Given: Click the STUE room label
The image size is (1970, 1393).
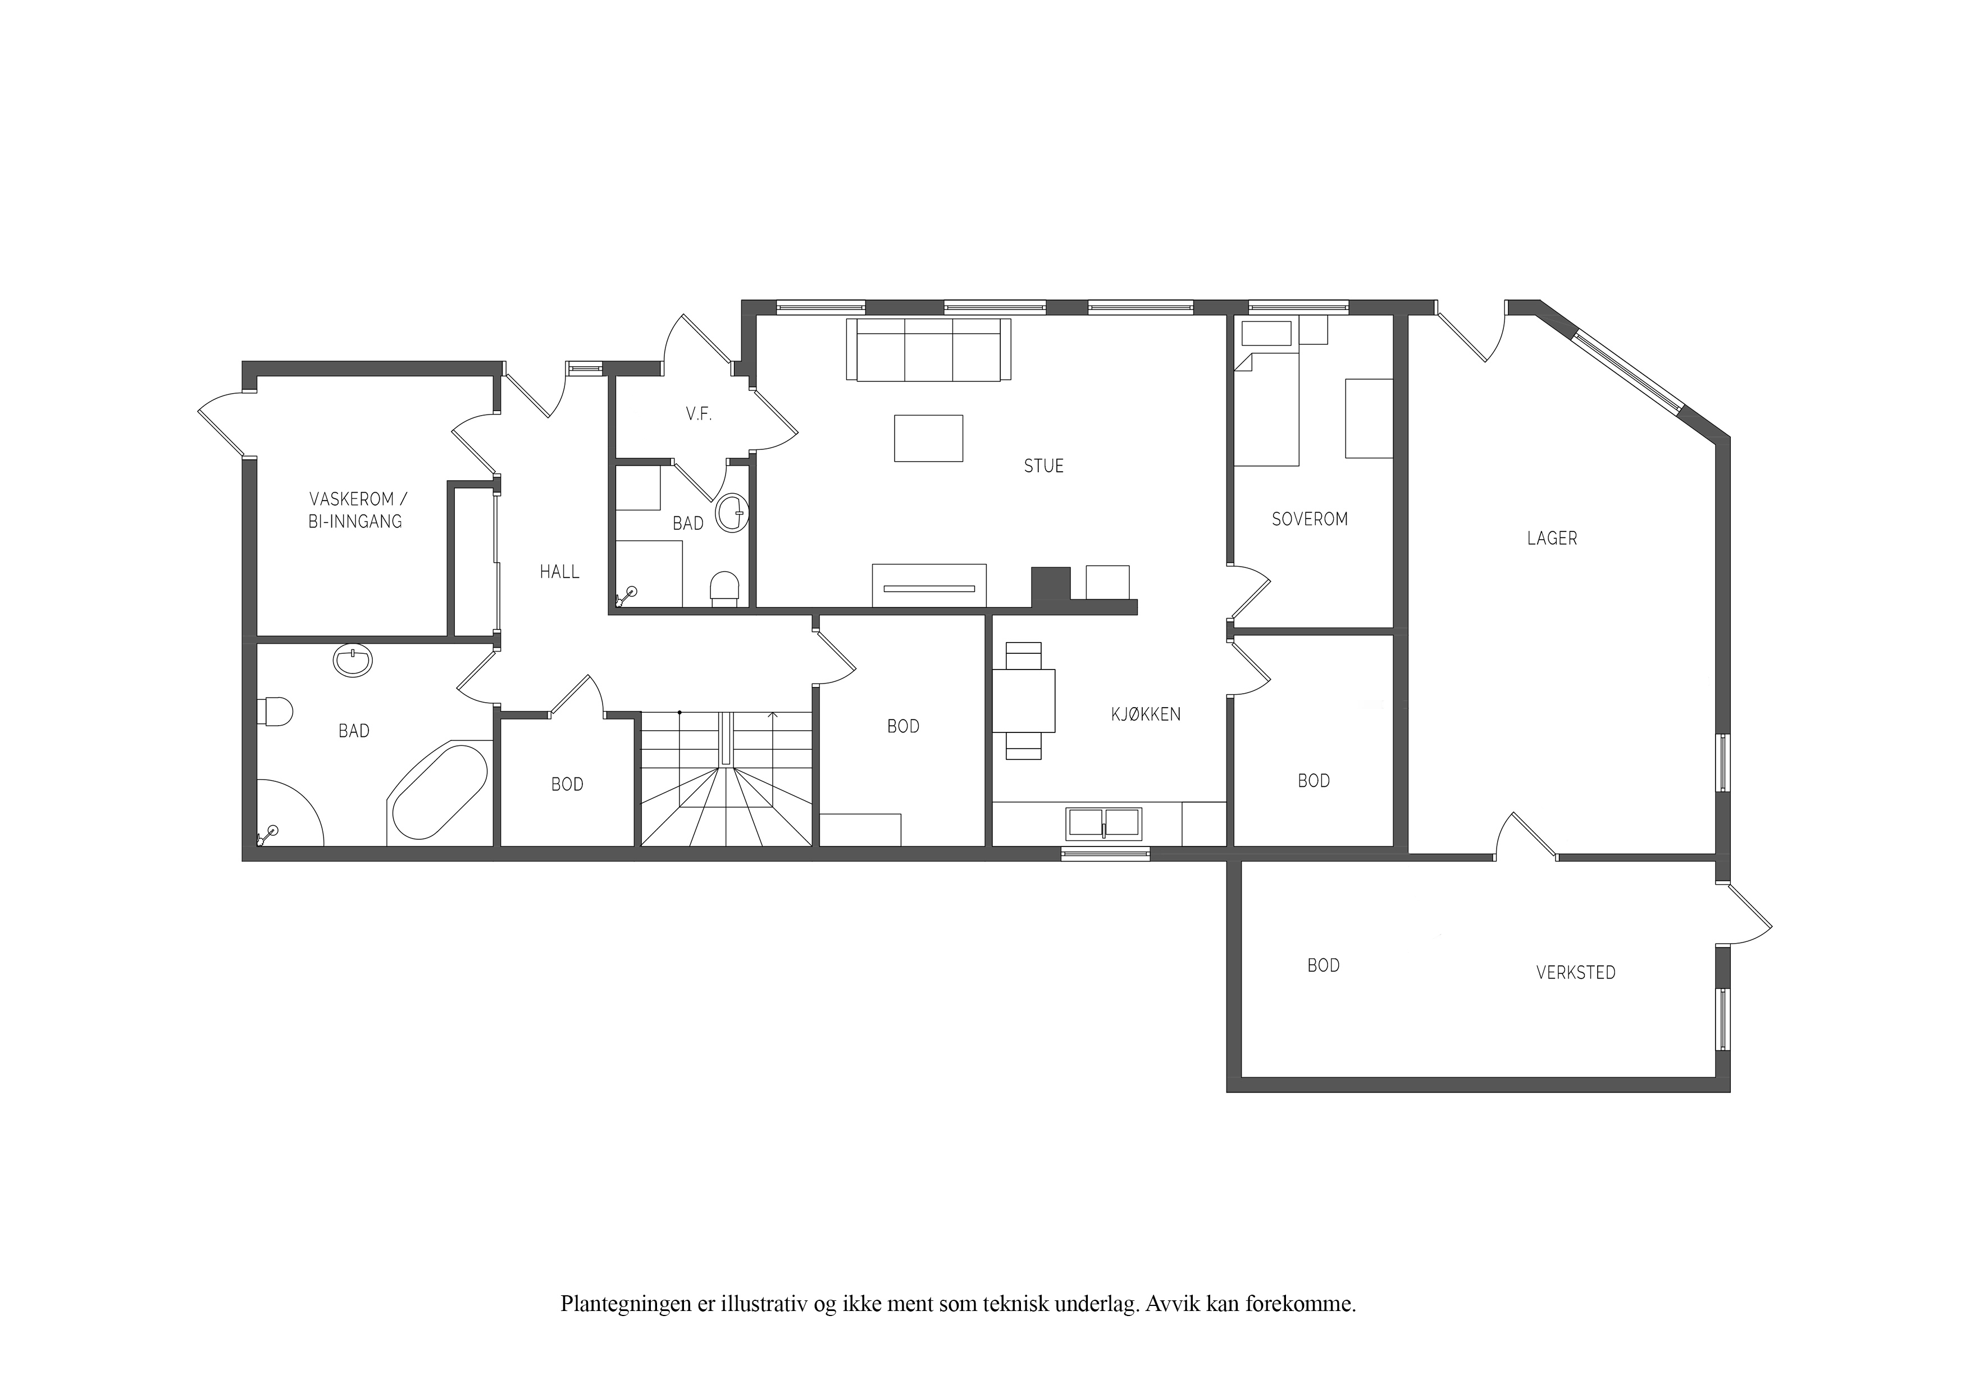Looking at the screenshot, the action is pyautogui.click(x=1043, y=466).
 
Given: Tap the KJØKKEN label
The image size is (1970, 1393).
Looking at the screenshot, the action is pyautogui.click(x=1146, y=714).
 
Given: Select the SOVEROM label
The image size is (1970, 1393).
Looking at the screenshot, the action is pyautogui.click(x=1310, y=519).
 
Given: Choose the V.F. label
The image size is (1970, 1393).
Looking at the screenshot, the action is pyautogui.click(x=699, y=415).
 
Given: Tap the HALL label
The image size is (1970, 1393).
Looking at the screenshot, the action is pyautogui.click(x=559, y=572).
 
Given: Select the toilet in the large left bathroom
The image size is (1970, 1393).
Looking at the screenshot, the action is pyautogui.click(x=275, y=712).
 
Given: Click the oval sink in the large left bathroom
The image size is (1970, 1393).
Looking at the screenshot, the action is pyautogui.click(x=353, y=661).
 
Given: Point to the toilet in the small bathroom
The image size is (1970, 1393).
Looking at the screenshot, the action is pyautogui.click(x=725, y=590).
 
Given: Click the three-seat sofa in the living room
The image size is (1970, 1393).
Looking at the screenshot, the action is pyautogui.click(x=928, y=349).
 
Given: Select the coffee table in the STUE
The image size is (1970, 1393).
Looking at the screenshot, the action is pyautogui.click(x=928, y=439).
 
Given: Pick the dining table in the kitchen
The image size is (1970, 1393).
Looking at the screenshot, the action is pyautogui.click(x=1024, y=700).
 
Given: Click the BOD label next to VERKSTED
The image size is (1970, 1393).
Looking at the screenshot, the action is pyautogui.click(x=1323, y=966).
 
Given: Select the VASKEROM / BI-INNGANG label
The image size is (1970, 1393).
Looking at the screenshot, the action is pyautogui.click(x=355, y=511).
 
